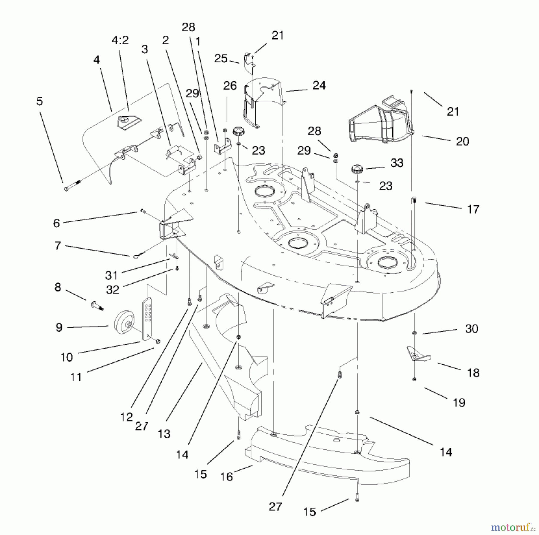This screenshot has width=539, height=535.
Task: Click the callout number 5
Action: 40,101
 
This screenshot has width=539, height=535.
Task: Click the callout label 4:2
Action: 120,40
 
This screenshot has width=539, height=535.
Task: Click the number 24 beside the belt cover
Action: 319,85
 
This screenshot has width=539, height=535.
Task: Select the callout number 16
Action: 226,477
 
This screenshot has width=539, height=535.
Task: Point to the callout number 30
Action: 472,329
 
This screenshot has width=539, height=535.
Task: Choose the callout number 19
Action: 459,403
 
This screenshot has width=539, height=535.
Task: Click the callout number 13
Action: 164,434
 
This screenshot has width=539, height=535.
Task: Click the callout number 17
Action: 473,209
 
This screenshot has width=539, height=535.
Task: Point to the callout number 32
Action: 113,290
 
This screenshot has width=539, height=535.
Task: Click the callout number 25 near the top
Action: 221,58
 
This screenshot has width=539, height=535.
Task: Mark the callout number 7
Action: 58,246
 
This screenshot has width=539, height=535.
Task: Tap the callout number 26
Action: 230,86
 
